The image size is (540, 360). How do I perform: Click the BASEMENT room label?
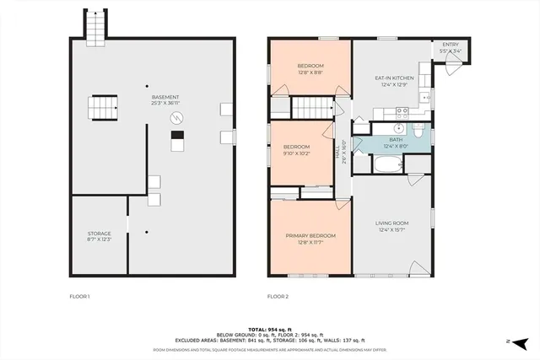pyautogui.click(x=165, y=97)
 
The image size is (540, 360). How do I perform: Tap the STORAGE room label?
pyautogui.click(x=100, y=234)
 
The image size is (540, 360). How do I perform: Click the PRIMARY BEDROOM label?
pyautogui.click(x=310, y=235)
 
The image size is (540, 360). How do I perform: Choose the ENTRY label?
pyautogui.click(x=451, y=45)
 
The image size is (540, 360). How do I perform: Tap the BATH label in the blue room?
pyautogui.click(x=396, y=140)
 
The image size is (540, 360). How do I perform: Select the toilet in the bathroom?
pyautogui.click(x=418, y=130)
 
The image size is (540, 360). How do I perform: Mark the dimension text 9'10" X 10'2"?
pyautogui.click(x=297, y=153)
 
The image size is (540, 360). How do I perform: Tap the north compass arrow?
pyautogui.click(x=520, y=342)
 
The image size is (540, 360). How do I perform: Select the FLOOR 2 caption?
pyautogui.click(x=278, y=296)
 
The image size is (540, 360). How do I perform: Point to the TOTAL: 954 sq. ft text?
pyautogui.click(x=271, y=329)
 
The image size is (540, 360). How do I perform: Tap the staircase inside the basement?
pyautogui.click(x=101, y=108)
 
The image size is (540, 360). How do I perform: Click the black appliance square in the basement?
pyautogui.click(x=176, y=134)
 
